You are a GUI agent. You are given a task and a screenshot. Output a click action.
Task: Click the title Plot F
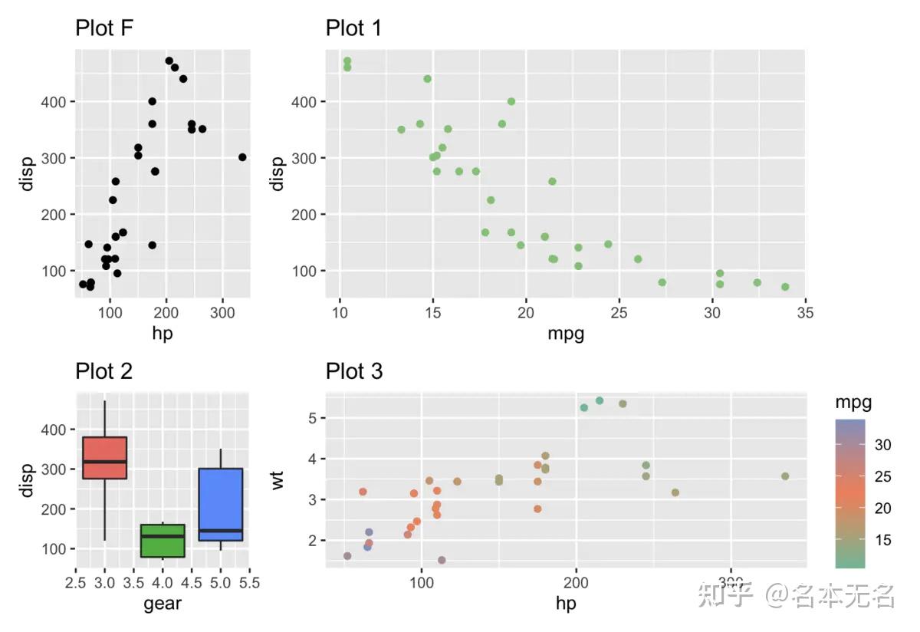105,28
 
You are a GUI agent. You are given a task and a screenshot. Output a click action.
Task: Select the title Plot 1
353,28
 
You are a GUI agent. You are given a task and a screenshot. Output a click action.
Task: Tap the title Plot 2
103,371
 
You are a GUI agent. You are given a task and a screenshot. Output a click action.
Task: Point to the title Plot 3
353,371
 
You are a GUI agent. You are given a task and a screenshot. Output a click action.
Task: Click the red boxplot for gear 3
104,457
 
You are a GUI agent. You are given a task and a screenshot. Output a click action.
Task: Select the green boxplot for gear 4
163,541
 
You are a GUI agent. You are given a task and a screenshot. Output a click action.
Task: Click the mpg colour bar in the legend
850,493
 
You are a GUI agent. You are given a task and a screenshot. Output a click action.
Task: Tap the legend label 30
882,445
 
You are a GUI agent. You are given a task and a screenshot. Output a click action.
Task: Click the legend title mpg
853,403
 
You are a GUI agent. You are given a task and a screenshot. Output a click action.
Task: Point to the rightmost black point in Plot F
242,157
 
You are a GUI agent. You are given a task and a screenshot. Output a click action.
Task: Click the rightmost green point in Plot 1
785,287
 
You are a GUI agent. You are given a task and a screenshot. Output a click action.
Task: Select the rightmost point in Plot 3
785,476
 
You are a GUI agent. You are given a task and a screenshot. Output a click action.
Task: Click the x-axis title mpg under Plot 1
565,334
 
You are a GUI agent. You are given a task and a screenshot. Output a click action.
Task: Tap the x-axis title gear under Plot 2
163,604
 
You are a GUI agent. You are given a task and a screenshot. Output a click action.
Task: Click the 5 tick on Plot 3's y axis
314,418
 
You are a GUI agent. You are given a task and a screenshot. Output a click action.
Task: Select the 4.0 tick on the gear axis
163,583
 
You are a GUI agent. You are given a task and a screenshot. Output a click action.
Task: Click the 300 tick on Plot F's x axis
222,313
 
